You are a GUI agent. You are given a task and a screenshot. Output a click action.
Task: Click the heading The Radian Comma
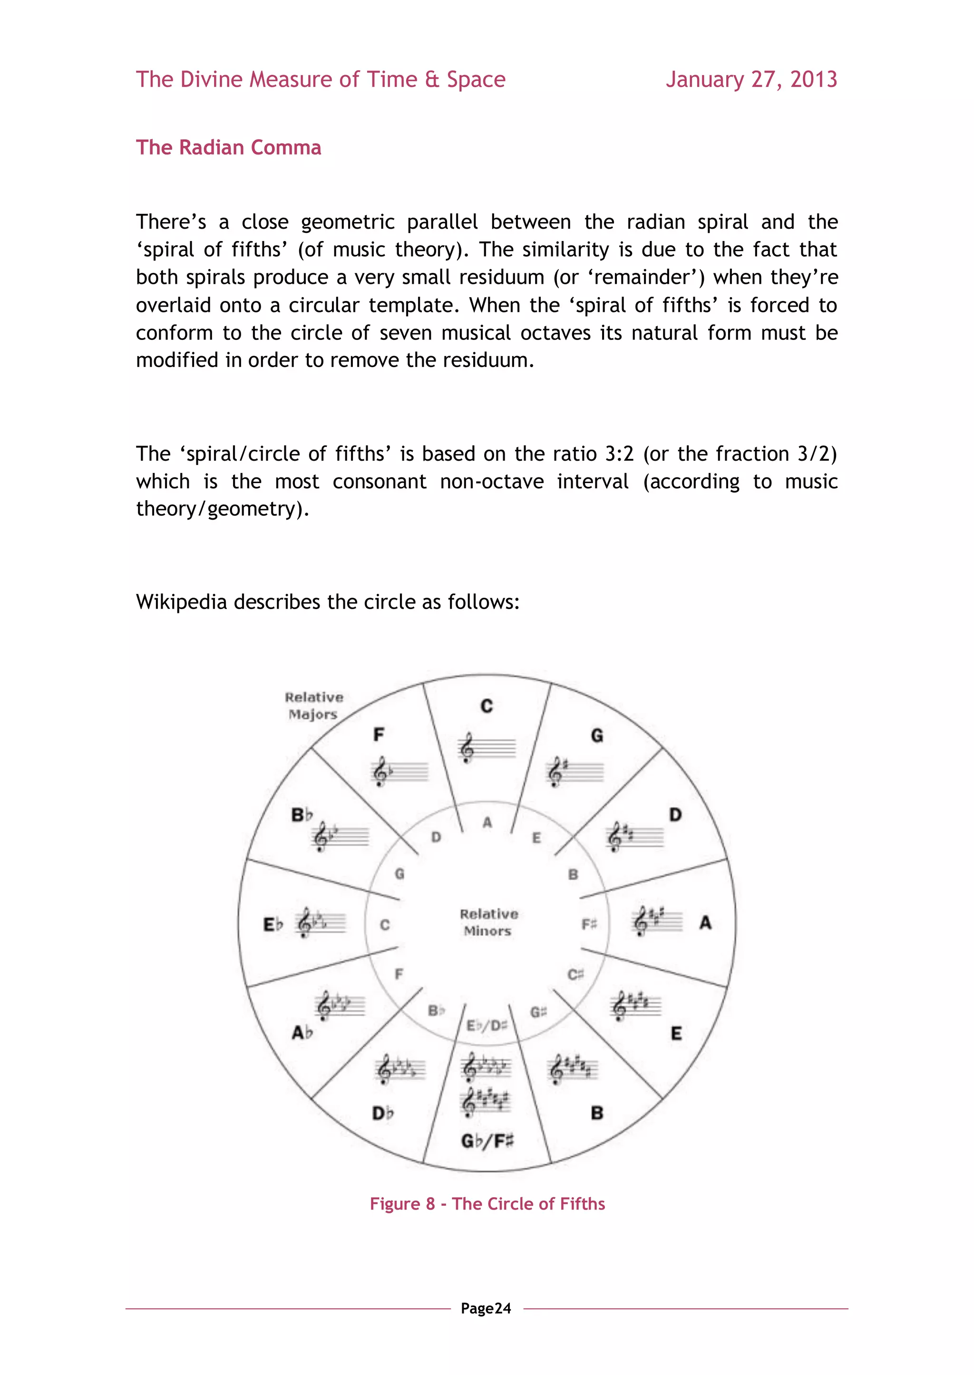click(228, 147)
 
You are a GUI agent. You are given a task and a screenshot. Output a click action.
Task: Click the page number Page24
click(486, 1308)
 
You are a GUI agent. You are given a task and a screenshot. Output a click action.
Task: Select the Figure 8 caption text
click(487, 1203)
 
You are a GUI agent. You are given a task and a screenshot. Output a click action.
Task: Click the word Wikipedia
click(181, 601)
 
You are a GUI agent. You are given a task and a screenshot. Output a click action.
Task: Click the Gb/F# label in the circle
click(487, 1141)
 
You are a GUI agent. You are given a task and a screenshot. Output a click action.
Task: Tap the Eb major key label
click(273, 924)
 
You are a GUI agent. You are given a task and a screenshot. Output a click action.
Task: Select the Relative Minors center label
click(488, 922)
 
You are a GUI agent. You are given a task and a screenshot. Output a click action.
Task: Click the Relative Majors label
click(314, 706)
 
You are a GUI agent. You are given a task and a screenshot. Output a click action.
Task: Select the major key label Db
click(383, 1113)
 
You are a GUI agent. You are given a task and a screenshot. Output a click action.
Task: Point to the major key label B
click(597, 1113)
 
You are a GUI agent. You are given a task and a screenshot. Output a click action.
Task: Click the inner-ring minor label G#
click(538, 1012)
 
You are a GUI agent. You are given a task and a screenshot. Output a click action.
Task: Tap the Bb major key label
click(302, 815)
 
